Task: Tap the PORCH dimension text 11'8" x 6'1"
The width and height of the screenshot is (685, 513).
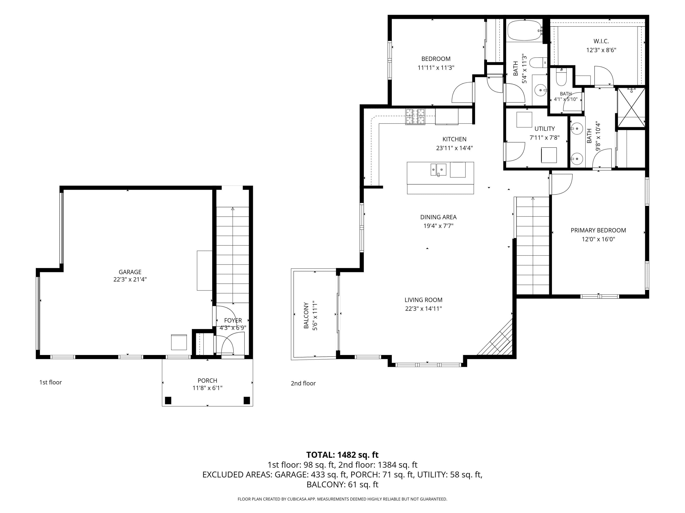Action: point(208,388)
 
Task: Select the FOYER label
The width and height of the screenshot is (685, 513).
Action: point(233,321)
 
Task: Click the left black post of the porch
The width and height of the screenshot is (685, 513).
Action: point(168,400)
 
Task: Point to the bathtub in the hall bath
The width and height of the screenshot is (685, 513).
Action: point(524,30)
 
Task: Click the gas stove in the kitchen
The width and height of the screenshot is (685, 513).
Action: point(415,117)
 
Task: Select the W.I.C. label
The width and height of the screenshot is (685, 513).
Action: point(601,41)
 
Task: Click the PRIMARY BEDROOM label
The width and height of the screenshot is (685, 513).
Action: point(598,230)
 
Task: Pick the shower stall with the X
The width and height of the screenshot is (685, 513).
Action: point(631,108)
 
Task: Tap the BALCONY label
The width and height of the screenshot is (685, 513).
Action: point(306,315)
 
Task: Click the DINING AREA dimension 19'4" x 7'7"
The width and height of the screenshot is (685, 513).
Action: point(438,226)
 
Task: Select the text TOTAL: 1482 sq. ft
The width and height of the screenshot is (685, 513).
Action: point(342,455)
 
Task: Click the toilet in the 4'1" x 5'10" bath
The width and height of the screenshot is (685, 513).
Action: point(561,77)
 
